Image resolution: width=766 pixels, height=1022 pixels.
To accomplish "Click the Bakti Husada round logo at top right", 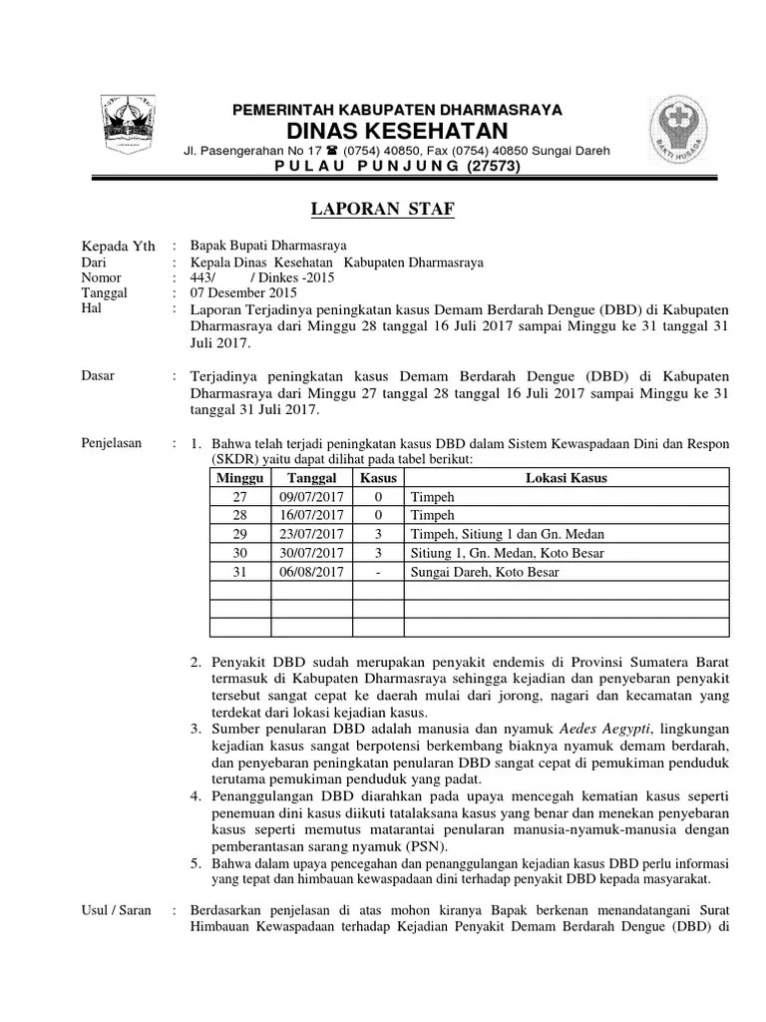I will [680, 131].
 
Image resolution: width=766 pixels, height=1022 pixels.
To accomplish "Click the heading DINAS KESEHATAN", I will [397, 132].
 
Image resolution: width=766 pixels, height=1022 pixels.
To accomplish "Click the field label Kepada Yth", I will [117, 247].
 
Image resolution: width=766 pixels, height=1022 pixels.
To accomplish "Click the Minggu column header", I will [240, 477].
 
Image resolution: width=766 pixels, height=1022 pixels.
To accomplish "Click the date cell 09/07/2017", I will [312, 496].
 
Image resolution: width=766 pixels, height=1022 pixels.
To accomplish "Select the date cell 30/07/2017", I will [312, 553].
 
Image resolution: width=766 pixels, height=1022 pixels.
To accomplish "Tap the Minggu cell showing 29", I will [240, 534].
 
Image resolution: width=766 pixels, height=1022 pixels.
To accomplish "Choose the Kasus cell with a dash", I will [378, 572].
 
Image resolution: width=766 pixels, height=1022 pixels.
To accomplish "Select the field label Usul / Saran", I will [115, 909].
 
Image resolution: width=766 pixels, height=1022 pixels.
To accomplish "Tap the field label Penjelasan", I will [111, 442].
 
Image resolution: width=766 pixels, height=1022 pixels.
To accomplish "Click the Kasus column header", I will [378, 477].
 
